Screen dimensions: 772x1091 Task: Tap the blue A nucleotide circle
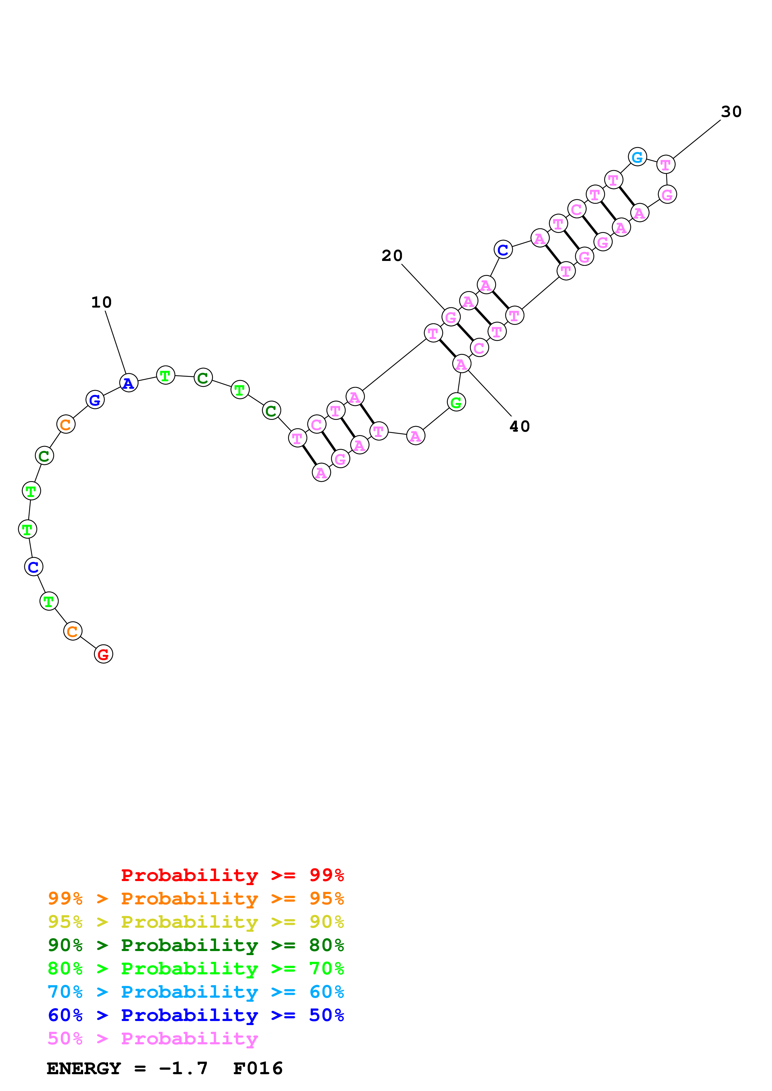click(x=128, y=383)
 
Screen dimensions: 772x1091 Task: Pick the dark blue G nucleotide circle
click(x=95, y=400)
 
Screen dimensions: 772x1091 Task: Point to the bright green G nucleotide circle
click(x=456, y=402)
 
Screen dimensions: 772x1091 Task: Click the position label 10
click(x=101, y=302)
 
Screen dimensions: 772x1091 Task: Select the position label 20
click(x=392, y=256)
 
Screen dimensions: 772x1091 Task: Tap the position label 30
click(x=731, y=112)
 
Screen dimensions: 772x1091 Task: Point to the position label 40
click(x=519, y=426)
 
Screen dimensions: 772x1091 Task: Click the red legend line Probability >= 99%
click(x=232, y=875)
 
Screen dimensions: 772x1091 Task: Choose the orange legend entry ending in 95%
click(x=196, y=898)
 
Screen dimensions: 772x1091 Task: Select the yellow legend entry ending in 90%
click(x=196, y=922)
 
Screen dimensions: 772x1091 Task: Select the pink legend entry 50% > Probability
click(x=153, y=1038)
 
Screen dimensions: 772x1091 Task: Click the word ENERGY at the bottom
click(x=84, y=1068)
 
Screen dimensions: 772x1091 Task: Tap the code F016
click(x=258, y=1068)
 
